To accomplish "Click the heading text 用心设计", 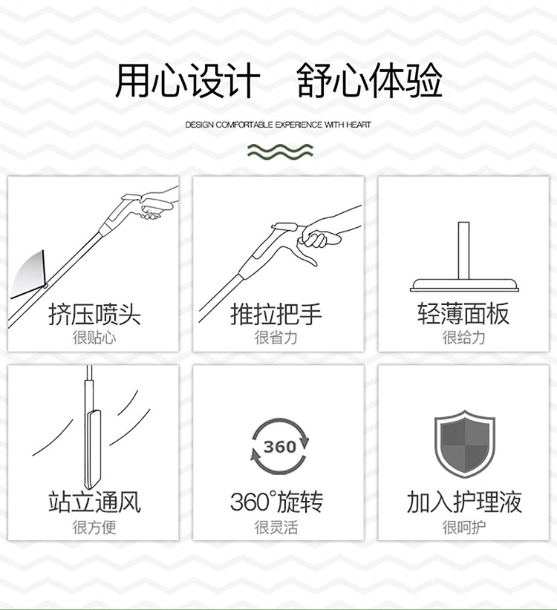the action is click(188, 80).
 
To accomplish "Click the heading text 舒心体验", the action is click(369, 80).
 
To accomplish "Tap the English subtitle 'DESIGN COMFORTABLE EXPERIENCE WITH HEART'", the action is click(278, 125).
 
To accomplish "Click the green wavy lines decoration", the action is click(280, 151).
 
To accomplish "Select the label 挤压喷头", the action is click(94, 314).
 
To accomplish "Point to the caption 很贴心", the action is click(94, 338).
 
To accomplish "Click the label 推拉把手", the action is click(276, 314).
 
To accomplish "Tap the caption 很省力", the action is click(276, 338).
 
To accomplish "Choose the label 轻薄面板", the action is click(463, 314).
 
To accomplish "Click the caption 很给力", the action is click(463, 338).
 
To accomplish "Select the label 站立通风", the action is click(94, 502).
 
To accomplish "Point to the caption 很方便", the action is click(94, 527).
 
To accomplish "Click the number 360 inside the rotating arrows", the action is click(280, 447).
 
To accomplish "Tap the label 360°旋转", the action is click(276, 502).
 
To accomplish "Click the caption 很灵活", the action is click(276, 527).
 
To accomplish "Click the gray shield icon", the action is click(464, 444).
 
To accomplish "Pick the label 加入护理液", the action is click(464, 502).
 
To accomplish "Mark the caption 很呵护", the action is click(463, 527).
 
